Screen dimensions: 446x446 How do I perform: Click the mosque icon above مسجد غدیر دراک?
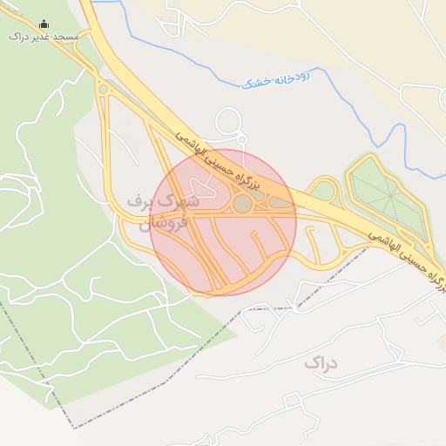[x=44, y=24]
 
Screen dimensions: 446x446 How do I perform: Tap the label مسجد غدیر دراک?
[x=44, y=37]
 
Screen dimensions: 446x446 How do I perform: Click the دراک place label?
[x=321, y=362]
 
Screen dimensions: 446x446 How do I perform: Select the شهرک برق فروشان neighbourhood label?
[x=164, y=212]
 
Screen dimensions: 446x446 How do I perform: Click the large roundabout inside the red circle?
[x=243, y=204]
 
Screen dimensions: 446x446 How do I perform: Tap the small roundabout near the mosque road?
[x=104, y=88]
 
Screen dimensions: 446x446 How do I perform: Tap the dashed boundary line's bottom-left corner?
[x=74, y=428]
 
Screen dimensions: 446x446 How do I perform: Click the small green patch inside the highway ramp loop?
[x=323, y=191]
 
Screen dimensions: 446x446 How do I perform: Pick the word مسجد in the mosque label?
[x=65, y=37]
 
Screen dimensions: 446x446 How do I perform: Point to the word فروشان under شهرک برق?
[x=163, y=224]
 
